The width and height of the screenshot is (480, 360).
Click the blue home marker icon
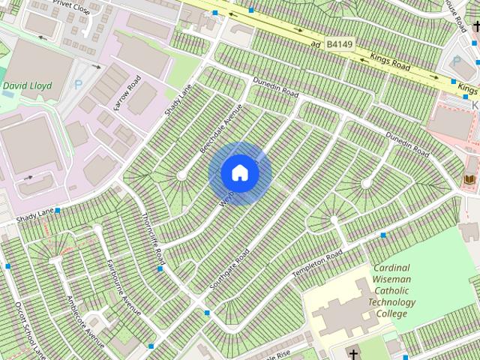(239, 172)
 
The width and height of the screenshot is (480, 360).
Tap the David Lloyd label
(27, 86)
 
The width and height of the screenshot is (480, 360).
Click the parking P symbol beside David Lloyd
(79, 85)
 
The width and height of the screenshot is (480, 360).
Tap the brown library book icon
(469, 181)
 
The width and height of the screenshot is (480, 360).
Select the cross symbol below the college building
(353, 353)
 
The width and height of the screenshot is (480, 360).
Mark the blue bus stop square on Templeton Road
(383, 235)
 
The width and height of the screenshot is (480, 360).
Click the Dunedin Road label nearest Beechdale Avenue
(275, 90)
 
